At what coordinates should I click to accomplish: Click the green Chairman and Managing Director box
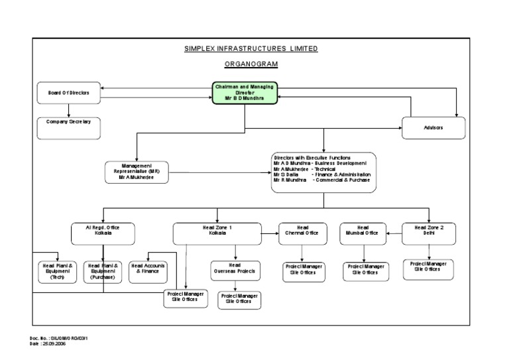(x=245, y=93)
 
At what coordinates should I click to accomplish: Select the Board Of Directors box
(x=69, y=93)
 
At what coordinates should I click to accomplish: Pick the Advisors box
(x=433, y=127)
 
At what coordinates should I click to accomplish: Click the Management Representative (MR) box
(x=136, y=173)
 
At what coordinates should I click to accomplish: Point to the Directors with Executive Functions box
(x=323, y=172)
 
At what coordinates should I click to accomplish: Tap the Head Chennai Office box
(x=302, y=233)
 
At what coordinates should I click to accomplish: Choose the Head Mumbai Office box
(x=363, y=233)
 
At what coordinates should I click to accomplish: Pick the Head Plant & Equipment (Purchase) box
(x=103, y=271)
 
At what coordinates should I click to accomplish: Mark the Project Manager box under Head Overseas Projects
(x=239, y=299)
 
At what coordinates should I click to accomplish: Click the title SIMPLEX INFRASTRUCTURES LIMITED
(x=251, y=48)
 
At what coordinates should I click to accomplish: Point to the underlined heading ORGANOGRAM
(x=251, y=64)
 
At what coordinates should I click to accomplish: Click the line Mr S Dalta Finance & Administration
(x=321, y=174)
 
